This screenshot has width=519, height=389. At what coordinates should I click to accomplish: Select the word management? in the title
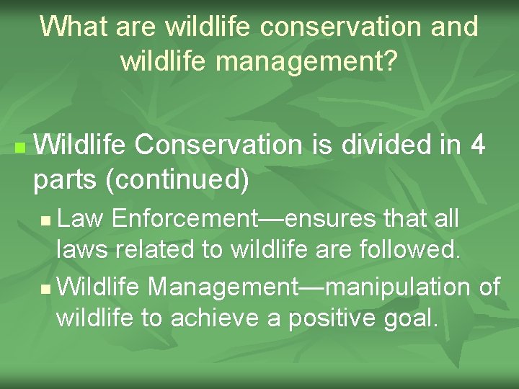(306, 61)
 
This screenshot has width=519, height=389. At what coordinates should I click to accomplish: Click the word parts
(66, 180)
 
